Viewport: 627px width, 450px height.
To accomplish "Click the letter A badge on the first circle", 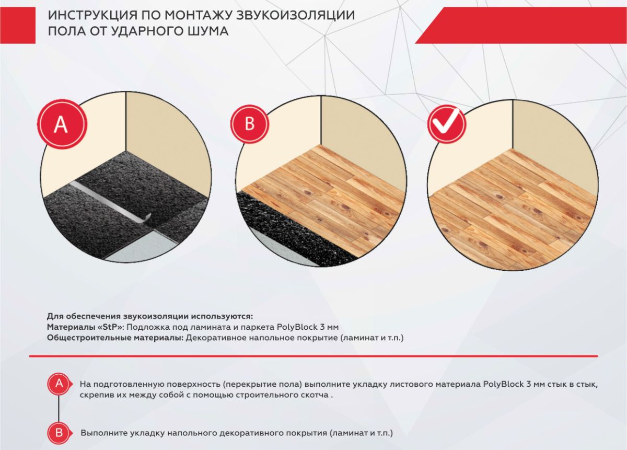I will pyautogui.click(x=61, y=125).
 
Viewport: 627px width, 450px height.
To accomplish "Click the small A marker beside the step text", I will pyautogui.click(x=59, y=384).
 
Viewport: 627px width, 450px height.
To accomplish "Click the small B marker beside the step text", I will pyautogui.click(x=59, y=432).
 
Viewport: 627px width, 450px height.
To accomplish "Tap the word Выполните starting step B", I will pyautogui.click(x=103, y=433).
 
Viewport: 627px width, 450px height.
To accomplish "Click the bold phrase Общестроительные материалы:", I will pyautogui.click(x=114, y=338).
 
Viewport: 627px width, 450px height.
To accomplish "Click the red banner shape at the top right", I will pyautogui.click(x=522, y=25).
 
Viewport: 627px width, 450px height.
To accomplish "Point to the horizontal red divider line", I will pyautogui.click(x=313, y=356).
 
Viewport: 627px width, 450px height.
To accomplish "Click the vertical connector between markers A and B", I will pyautogui.click(x=59, y=408).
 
